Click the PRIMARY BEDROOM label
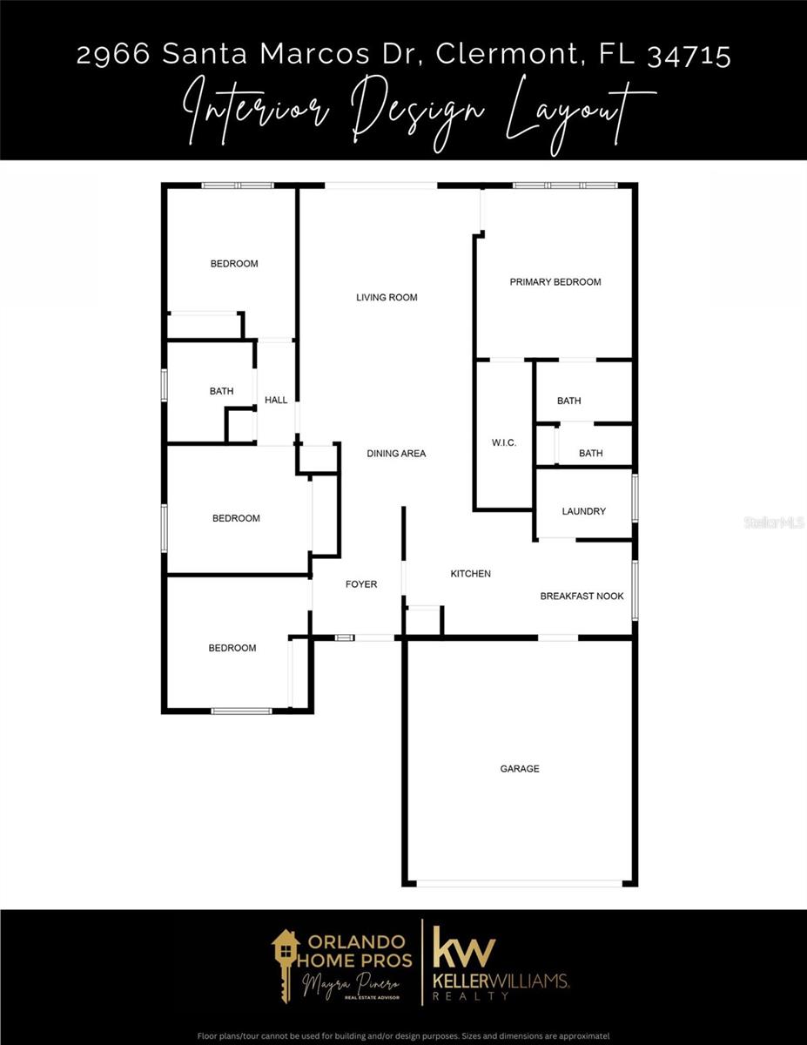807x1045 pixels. pyautogui.click(x=555, y=282)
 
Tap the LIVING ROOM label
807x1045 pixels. pyautogui.click(x=387, y=297)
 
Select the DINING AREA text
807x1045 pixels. pyautogui.click(x=396, y=453)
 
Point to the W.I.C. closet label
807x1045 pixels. pyautogui.click(x=504, y=442)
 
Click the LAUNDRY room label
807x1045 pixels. pyautogui.click(x=583, y=511)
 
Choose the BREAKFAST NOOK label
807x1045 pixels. pyautogui.click(x=582, y=596)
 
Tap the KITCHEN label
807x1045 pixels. pyautogui.click(x=471, y=573)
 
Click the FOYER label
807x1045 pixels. pyautogui.click(x=361, y=583)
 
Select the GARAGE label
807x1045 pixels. pyautogui.click(x=520, y=768)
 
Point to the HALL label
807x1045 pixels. pyautogui.click(x=276, y=400)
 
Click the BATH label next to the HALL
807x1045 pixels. pyautogui.click(x=222, y=391)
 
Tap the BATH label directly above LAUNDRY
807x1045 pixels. pyautogui.click(x=591, y=453)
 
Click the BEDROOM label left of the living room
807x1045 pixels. pyautogui.click(x=234, y=264)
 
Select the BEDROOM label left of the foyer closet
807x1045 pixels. pyautogui.click(x=236, y=518)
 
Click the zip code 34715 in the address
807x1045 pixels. pyautogui.click(x=689, y=54)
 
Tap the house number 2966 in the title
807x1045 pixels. pyautogui.click(x=113, y=54)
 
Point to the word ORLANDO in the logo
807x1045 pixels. pyautogui.click(x=356, y=941)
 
